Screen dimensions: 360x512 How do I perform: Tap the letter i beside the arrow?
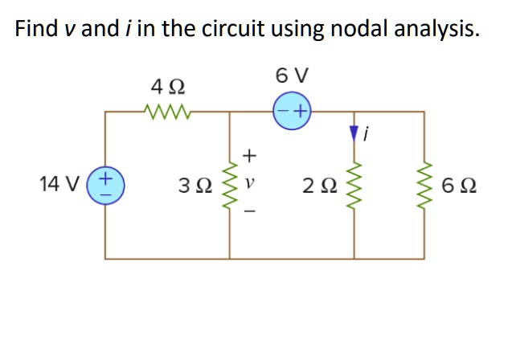point(367,135)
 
